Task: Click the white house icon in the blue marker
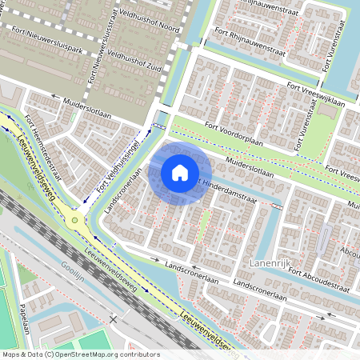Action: click(180, 172)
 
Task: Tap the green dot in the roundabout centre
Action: click(75, 219)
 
